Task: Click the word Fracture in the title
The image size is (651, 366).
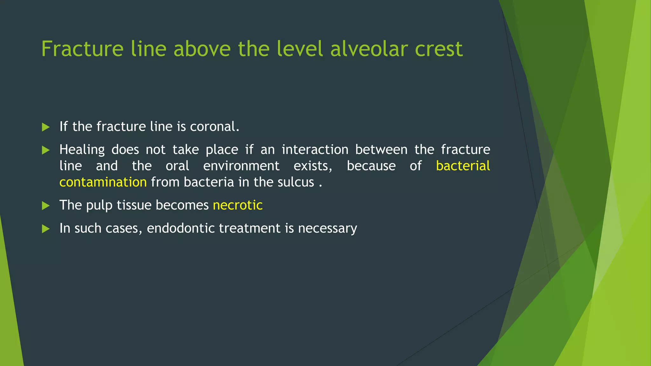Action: (x=82, y=49)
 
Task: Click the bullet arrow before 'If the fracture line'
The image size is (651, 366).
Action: (x=46, y=127)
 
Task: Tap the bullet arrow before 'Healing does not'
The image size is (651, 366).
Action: (x=46, y=150)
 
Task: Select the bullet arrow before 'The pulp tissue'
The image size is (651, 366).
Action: (x=46, y=206)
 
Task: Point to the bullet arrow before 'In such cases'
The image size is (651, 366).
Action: (x=46, y=229)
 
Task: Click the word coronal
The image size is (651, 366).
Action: (x=214, y=127)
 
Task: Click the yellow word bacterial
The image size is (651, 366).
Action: (x=463, y=166)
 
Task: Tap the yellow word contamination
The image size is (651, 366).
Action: (x=103, y=182)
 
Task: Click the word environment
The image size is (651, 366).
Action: (x=241, y=166)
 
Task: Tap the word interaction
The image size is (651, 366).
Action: (x=315, y=150)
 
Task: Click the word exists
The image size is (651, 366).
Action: (x=312, y=166)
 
